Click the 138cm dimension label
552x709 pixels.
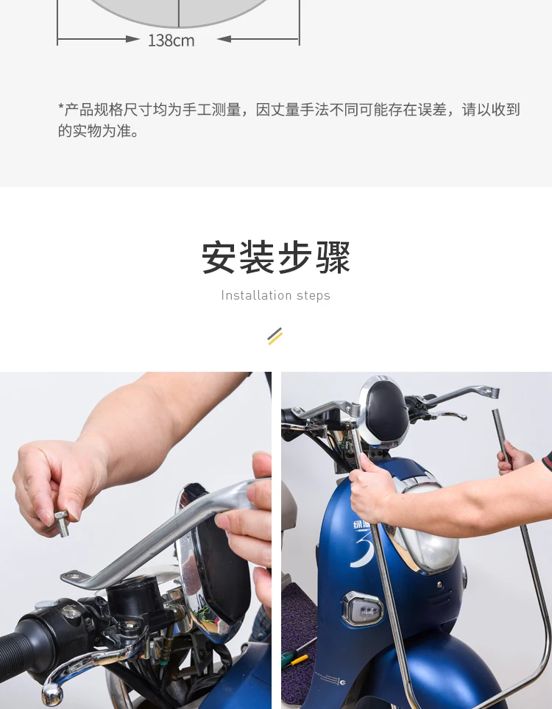pos(171,40)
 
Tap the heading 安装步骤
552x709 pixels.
pos(276,258)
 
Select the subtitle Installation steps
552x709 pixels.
pos(276,296)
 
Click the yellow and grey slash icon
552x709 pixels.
pos(275,336)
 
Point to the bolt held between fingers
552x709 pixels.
pos(62,523)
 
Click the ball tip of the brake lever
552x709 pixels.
pos(52,694)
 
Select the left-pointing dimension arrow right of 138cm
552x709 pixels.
pos(258,39)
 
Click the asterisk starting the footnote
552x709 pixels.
pos(61,107)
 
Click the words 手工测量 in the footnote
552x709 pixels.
pos(211,110)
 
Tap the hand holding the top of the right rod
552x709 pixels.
pos(514,458)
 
